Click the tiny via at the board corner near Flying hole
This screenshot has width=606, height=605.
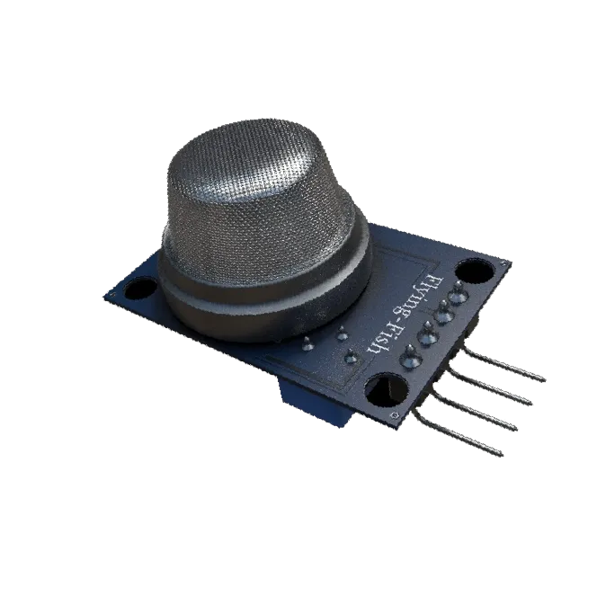click(501, 263)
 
